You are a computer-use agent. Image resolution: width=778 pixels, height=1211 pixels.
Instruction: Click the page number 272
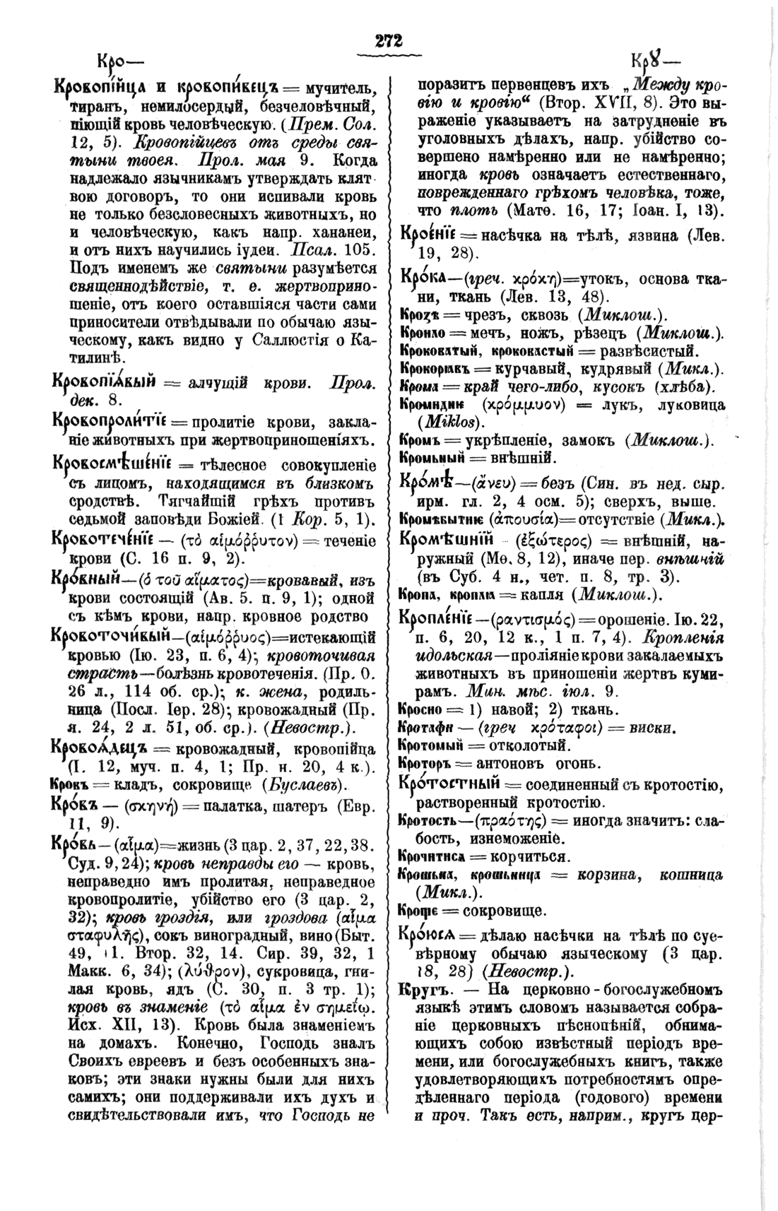[x=389, y=42]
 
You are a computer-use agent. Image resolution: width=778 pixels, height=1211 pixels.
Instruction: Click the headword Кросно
[x=425, y=707]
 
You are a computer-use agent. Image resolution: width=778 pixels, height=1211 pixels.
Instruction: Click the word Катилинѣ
[x=97, y=360]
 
